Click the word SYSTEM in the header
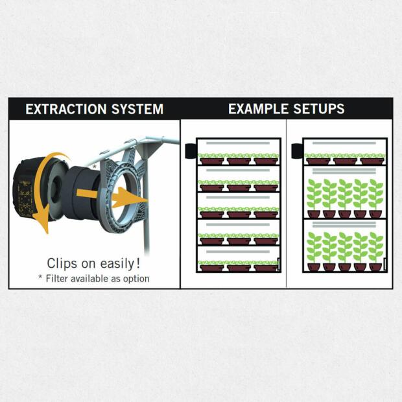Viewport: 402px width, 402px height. [x=137, y=109]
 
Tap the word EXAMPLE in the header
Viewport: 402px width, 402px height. [x=258, y=109]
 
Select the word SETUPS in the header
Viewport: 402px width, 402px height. [x=318, y=109]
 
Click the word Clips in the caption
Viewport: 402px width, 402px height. [x=62, y=263]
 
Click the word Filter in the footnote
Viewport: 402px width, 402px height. [x=57, y=278]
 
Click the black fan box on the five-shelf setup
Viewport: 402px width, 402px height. [x=191, y=150]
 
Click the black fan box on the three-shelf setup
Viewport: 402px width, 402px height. [x=297, y=150]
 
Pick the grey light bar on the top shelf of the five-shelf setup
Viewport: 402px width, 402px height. [x=238, y=143]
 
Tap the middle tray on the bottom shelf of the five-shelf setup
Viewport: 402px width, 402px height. [x=239, y=268]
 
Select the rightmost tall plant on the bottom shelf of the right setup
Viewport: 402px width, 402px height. [x=376, y=252]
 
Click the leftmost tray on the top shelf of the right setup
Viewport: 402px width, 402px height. [x=318, y=161]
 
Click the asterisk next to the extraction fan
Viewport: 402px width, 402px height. [x=95, y=167]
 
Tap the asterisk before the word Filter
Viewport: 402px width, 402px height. [x=40, y=277]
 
